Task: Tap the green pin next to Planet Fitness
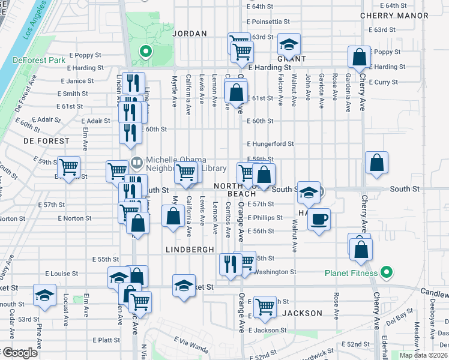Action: (387, 273)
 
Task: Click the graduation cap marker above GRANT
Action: (289, 44)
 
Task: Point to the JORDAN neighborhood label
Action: (189, 34)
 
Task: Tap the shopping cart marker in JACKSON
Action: (265, 306)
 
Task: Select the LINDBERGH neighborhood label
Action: (190, 248)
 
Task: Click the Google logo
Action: (19, 353)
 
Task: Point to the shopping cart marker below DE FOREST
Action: (69, 167)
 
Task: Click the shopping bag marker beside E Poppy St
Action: (359, 58)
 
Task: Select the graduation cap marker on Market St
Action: (184, 284)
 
